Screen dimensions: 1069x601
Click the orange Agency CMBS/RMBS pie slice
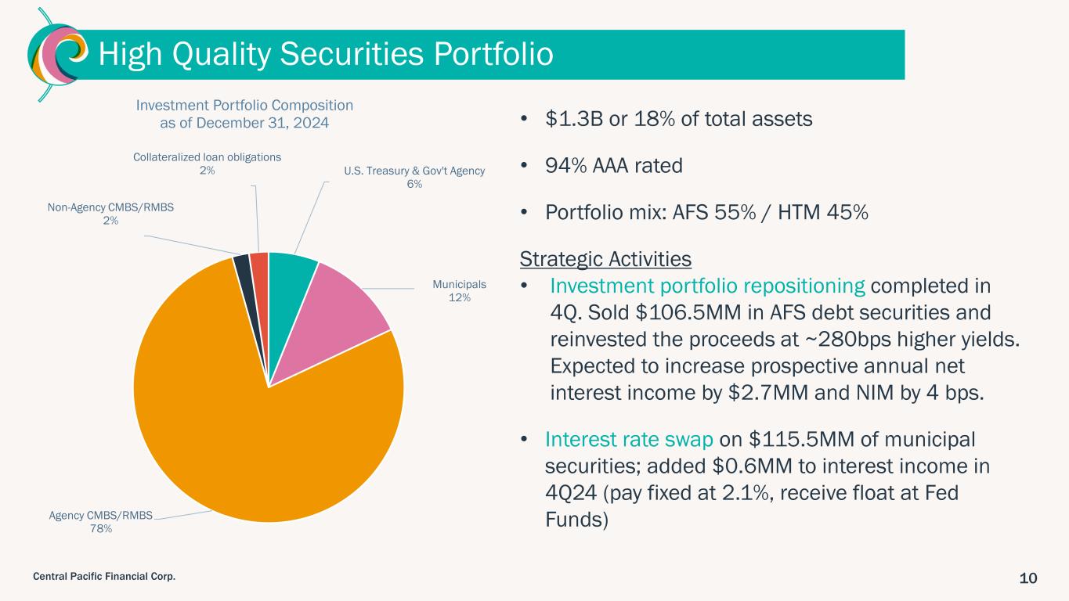pyautogui.click(x=248, y=430)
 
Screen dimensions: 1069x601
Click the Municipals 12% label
pyautogui.click(x=459, y=291)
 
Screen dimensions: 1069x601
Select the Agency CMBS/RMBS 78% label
pyautogui.click(x=101, y=522)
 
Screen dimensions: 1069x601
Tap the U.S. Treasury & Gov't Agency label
pyautogui.click(x=414, y=178)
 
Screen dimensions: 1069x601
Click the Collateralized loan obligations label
pyautogui.click(x=207, y=164)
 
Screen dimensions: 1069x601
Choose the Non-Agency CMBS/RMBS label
pyautogui.click(x=110, y=214)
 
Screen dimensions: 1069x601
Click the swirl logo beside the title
pyautogui.click(x=57, y=54)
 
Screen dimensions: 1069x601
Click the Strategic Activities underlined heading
pyautogui.click(x=605, y=259)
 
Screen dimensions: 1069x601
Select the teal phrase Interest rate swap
pyautogui.click(x=629, y=439)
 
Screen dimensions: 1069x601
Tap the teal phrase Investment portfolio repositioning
pyautogui.click(x=707, y=286)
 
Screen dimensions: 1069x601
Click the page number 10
pyautogui.click(x=1028, y=578)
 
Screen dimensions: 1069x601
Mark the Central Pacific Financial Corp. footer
pyautogui.click(x=104, y=576)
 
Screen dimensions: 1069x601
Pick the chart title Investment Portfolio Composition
pyautogui.click(x=244, y=105)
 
